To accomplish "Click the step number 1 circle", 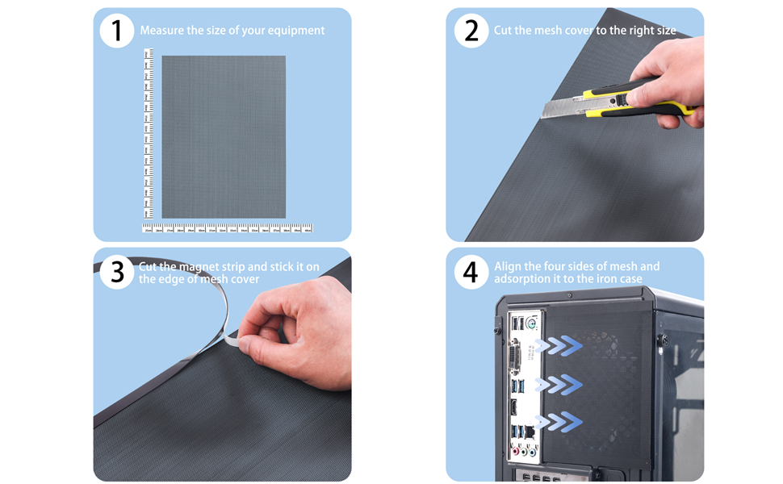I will (x=117, y=31).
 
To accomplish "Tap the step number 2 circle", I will (x=471, y=31).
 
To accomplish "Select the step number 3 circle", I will (x=117, y=272).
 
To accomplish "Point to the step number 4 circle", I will (x=471, y=272).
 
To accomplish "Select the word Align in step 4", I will (x=509, y=266).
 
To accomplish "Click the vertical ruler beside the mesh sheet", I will (x=148, y=133).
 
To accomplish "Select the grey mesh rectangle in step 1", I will (x=224, y=137).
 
